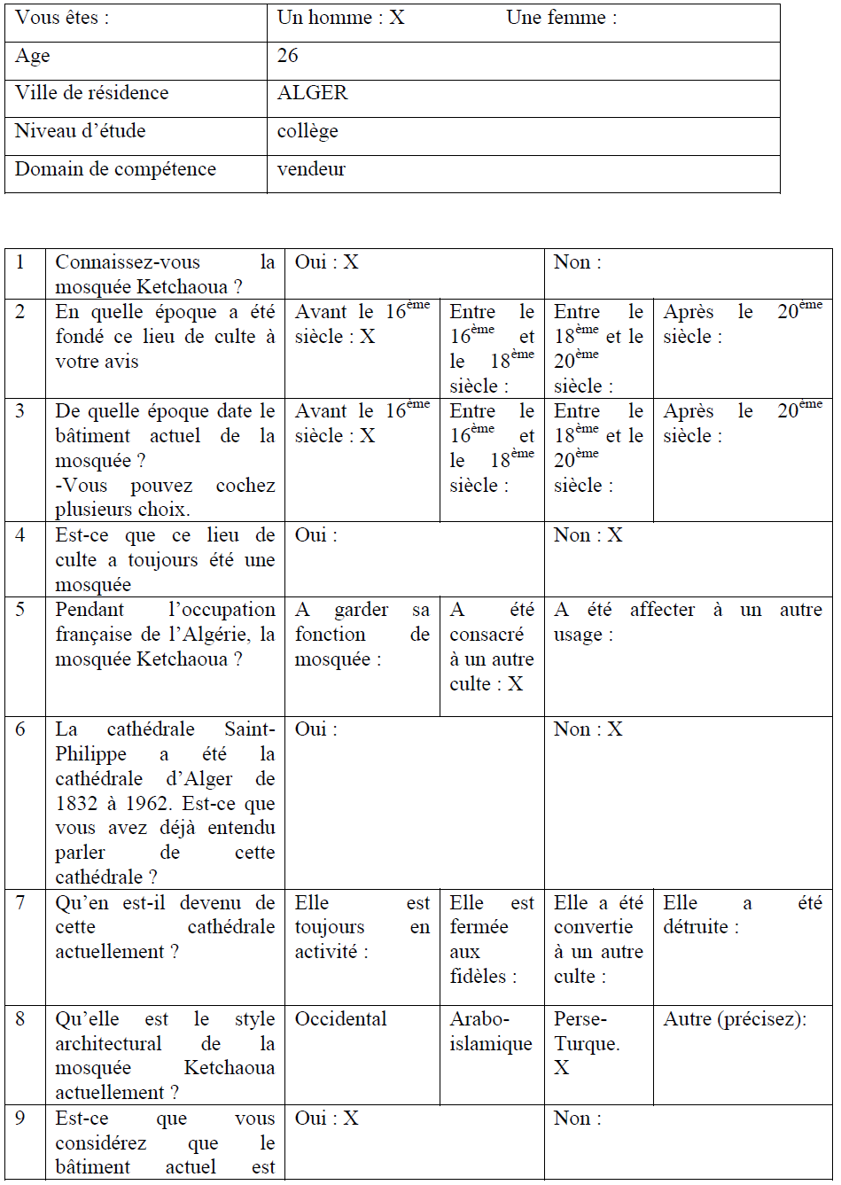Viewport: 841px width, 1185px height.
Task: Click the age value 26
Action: pyautogui.click(x=288, y=56)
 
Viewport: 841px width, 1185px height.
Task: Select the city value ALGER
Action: pyautogui.click(x=312, y=93)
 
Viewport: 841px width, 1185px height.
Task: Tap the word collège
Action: pyautogui.click(x=308, y=131)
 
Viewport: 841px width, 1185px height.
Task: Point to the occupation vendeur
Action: pyautogui.click(x=311, y=168)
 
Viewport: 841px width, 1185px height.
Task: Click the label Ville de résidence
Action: pyautogui.click(x=91, y=93)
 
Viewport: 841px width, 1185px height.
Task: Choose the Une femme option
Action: pyautogui.click(x=561, y=18)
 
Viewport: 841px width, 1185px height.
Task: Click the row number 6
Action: pyautogui.click(x=20, y=729)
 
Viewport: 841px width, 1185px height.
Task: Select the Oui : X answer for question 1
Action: pyautogui.click(x=326, y=262)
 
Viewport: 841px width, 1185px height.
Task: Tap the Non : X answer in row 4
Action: pyautogui.click(x=588, y=535)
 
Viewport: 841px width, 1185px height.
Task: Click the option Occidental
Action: pyautogui.click(x=340, y=1019)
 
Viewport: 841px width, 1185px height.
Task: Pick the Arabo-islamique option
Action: pyautogui.click(x=491, y=1032)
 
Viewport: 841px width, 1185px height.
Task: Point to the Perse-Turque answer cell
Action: pyautogui.click(x=587, y=1043)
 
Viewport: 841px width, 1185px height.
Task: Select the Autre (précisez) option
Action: pyautogui.click(x=735, y=1019)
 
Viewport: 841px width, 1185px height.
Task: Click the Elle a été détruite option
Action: pyautogui.click(x=743, y=916)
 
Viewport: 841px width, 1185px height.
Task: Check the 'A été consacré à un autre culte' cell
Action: pyautogui.click(x=491, y=647)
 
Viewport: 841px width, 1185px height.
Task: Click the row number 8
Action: pyautogui.click(x=20, y=1019)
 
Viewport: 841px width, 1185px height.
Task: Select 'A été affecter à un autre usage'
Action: pyautogui.click(x=688, y=622)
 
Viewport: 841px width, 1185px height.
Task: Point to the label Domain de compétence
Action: pyautogui.click(x=115, y=168)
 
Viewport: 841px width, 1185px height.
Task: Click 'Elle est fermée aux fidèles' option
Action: pyautogui.click(x=491, y=939)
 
